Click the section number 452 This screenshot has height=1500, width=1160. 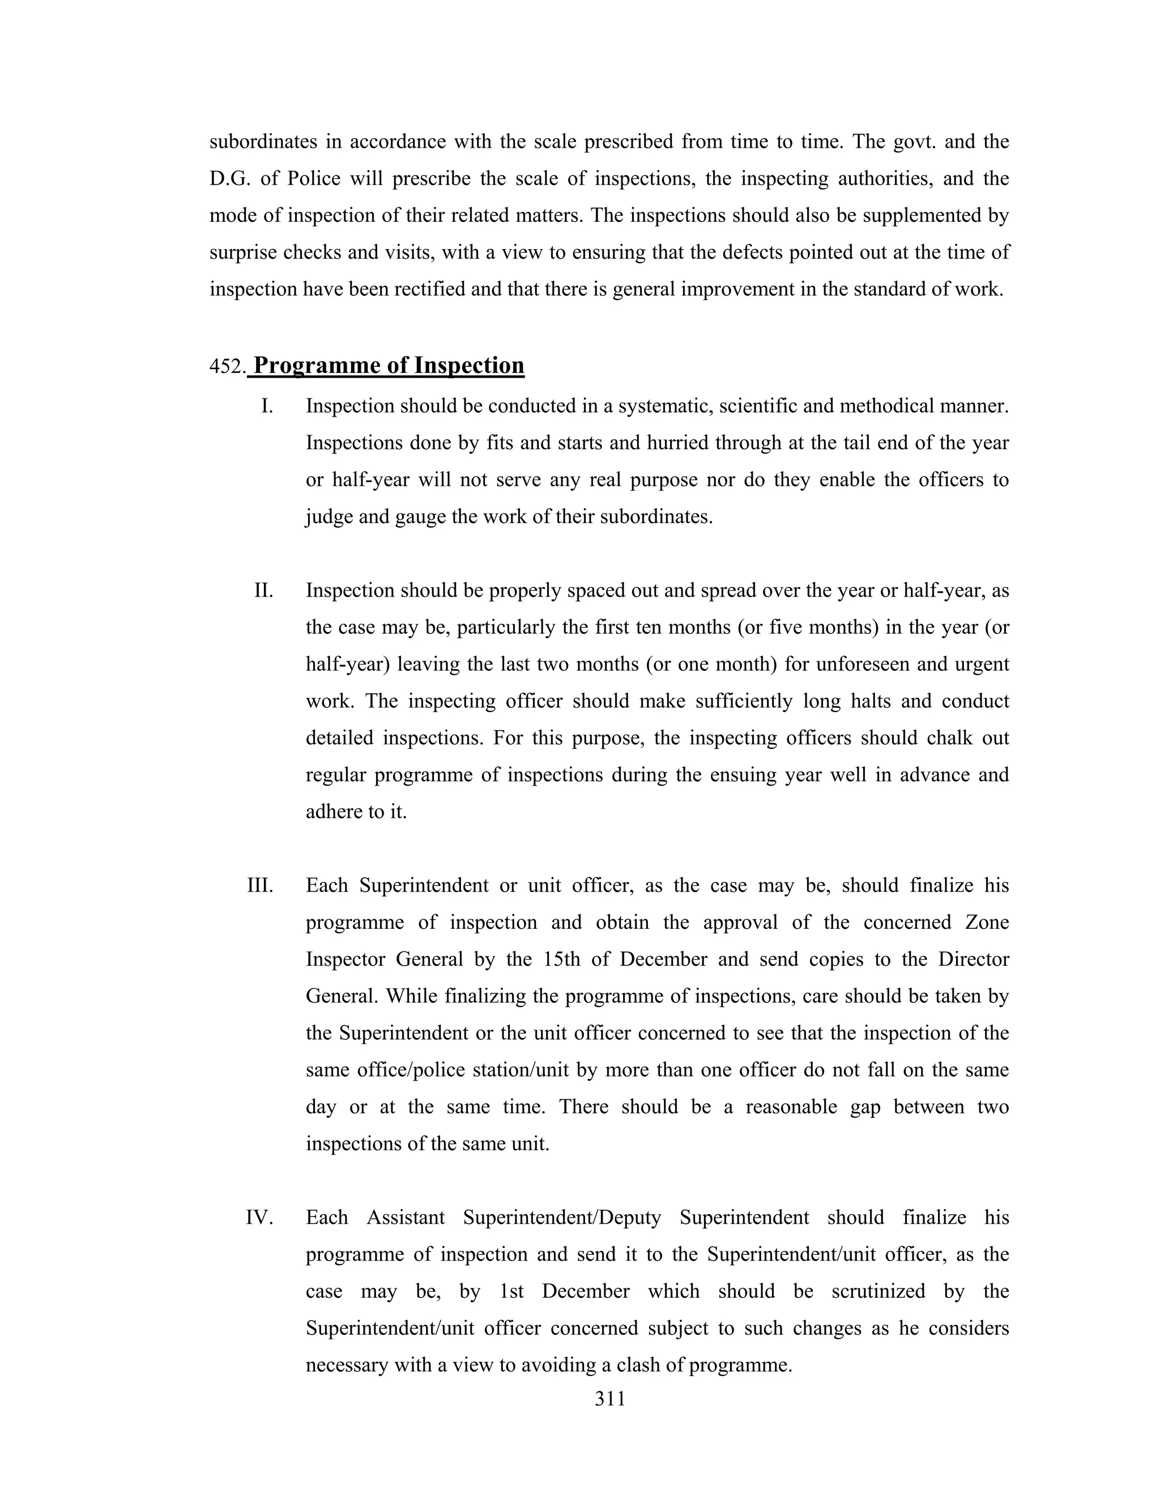click(227, 367)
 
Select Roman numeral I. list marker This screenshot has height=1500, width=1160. click(267, 406)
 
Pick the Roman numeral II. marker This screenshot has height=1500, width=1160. click(264, 590)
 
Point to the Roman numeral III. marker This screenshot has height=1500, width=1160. click(261, 885)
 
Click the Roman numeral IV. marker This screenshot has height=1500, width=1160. click(260, 1218)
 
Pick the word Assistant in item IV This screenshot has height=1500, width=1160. click(406, 1218)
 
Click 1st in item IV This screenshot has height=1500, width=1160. click(511, 1291)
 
